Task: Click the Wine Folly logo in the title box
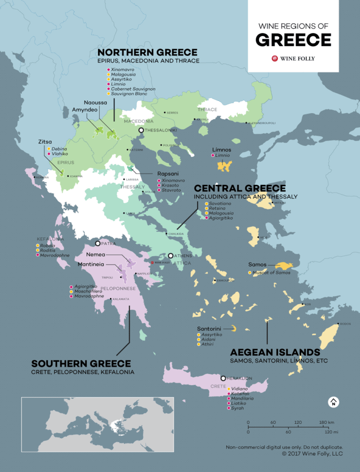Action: pyautogui.click(x=293, y=59)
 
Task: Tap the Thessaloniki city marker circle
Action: pyautogui.click(x=141, y=130)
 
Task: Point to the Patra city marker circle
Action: pyautogui.click(x=97, y=244)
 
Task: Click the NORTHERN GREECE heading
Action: pyautogui.click(x=147, y=52)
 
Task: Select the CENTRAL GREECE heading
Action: pyautogui.click(x=240, y=188)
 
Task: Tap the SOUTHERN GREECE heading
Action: pyautogui.click(x=81, y=364)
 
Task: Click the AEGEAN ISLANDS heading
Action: pyautogui.click(x=275, y=352)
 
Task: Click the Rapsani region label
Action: pyautogui.click(x=168, y=174)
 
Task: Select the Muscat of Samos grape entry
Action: pyautogui.click(x=271, y=273)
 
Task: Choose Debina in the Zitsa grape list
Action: pyautogui.click(x=60, y=149)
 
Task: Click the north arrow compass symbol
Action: pyautogui.click(x=333, y=402)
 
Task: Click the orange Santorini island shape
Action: pyautogui.click(x=233, y=328)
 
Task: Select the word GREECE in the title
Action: pyautogui.click(x=293, y=40)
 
